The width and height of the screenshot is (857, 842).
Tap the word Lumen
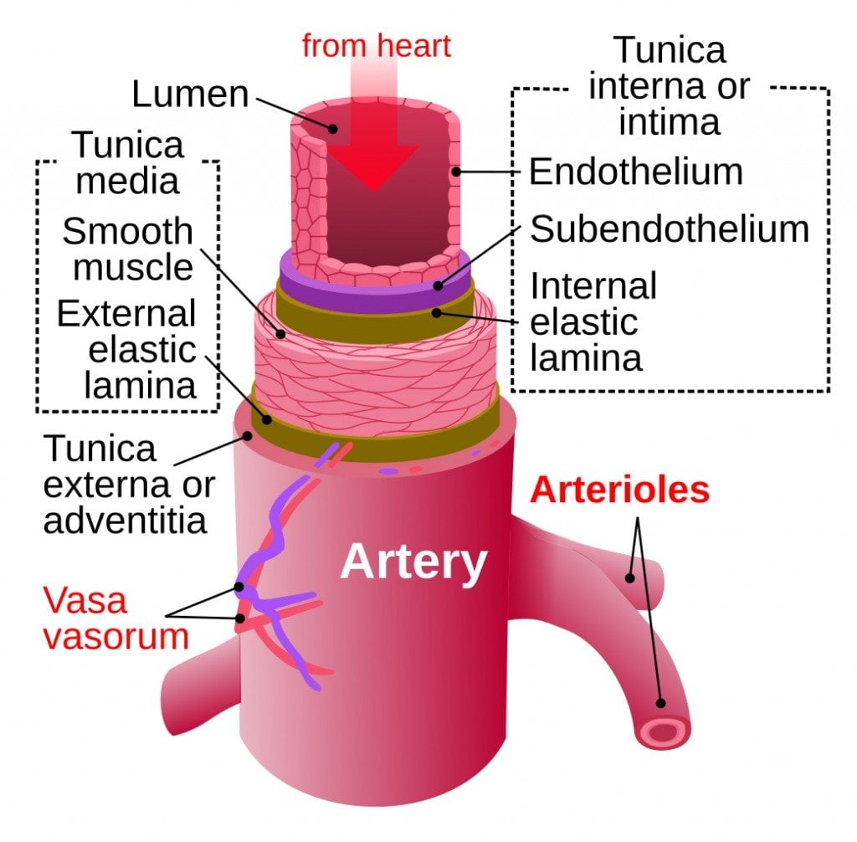pos(190,94)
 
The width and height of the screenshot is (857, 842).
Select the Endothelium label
pos(636,172)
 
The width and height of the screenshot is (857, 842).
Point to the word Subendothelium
pos(670,228)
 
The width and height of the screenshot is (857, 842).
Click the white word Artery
pos(413,562)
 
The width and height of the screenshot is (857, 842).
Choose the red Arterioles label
pos(620,490)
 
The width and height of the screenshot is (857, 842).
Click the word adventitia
pos(126,521)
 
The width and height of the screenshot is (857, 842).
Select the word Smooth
pos(127,231)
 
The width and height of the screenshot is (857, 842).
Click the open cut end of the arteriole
pos(664,733)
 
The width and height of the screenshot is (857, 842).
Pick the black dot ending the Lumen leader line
pos(333,128)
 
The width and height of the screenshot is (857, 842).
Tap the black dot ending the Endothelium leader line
pos(457,172)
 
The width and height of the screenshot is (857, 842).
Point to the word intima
pos(669,122)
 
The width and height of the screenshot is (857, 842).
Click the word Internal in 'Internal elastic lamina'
pos(593,286)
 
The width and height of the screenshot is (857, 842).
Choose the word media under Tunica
pos(127,181)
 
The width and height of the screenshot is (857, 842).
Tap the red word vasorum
pos(115,636)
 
